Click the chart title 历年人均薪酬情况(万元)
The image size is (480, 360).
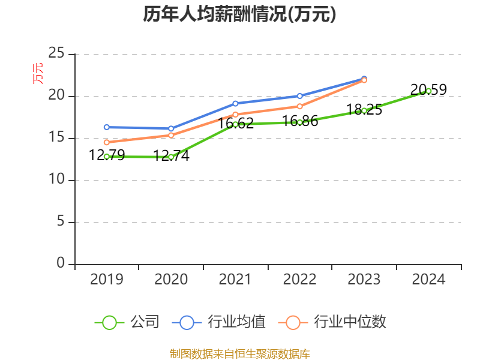(239, 14)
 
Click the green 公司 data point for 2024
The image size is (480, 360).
(428, 91)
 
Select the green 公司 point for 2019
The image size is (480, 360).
(107, 157)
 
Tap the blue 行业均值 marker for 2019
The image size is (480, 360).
(107, 127)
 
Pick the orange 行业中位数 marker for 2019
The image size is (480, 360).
(107, 142)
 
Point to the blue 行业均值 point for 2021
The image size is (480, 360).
(235, 103)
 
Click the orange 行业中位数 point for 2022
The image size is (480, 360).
(299, 106)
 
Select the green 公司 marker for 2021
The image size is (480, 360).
(235, 124)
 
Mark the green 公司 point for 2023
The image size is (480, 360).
(364, 110)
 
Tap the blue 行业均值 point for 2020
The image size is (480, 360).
(171, 128)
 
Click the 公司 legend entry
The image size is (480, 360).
(127, 322)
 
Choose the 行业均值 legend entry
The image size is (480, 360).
(219, 322)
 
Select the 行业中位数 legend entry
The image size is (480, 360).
(332, 322)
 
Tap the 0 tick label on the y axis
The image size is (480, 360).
(61, 264)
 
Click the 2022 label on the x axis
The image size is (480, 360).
(299, 280)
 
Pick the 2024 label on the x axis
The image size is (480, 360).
(428, 280)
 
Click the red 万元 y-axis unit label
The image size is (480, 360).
(38, 73)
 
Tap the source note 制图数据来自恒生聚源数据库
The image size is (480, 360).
(239, 354)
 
